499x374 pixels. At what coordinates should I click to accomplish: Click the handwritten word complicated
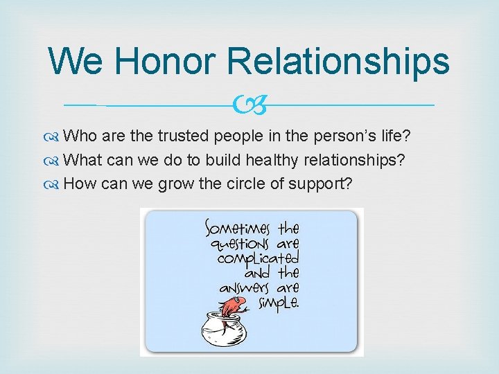(x=257, y=259)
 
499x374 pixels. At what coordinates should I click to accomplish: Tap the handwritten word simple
(x=277, y=303)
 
